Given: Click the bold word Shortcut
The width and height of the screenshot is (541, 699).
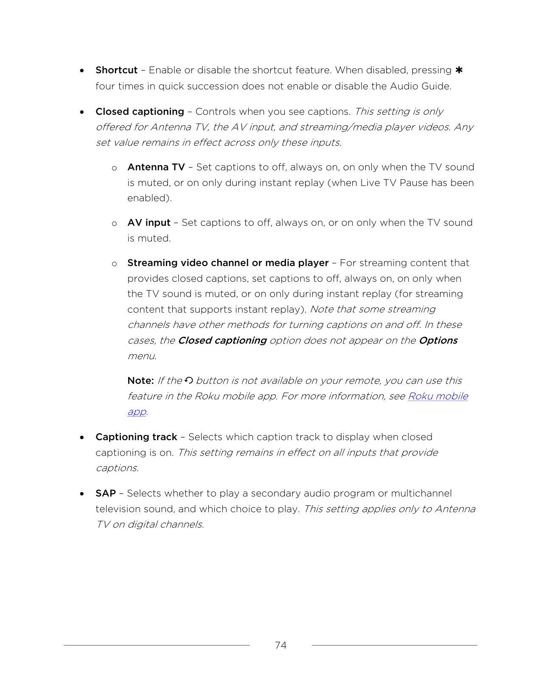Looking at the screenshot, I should point(116,70).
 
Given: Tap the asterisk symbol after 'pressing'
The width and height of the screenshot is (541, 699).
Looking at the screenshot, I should point(459,70).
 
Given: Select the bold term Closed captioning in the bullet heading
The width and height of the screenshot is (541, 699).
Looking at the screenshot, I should point(140,112).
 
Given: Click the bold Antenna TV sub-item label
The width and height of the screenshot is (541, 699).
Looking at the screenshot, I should point(156,167).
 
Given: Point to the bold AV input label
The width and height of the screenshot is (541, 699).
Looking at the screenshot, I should point(149,223).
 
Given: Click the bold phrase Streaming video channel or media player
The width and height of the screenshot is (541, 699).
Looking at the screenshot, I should point(228,263).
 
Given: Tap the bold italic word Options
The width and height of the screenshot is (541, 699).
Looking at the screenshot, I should point(438,341).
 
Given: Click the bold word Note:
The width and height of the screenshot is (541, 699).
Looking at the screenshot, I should point(140,381).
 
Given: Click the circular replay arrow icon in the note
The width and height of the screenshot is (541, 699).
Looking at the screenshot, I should point(189,380).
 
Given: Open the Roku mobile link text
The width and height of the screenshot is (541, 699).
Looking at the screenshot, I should point(437,397).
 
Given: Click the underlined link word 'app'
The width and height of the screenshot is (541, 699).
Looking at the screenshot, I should point(137,412).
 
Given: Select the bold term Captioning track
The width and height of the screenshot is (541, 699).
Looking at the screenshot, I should point(136,437).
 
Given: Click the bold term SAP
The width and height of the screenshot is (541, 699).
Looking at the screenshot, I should point(106,494).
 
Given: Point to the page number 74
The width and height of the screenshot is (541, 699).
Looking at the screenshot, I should point(280,645).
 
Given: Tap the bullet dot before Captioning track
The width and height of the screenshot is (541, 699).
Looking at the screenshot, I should point(82,437).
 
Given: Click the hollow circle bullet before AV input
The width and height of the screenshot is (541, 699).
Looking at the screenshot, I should point(114,224).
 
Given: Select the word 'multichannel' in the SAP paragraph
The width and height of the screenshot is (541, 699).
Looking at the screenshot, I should point(421,494).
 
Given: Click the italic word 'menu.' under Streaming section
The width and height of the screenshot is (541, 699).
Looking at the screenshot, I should point(142,356).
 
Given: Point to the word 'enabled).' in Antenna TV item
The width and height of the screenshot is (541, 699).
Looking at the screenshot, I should point(149,198).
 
